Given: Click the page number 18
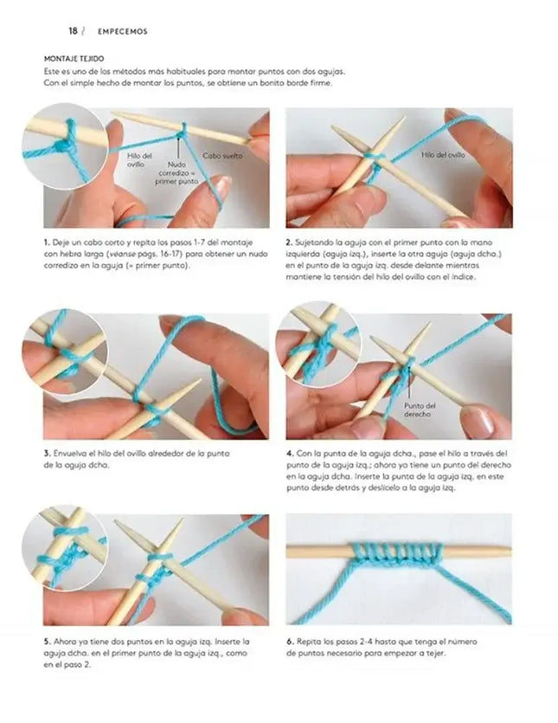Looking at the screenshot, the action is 73,31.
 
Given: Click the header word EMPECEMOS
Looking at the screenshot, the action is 123,31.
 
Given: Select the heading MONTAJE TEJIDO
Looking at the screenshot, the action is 74,59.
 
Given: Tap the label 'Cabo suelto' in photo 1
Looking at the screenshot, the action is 222,156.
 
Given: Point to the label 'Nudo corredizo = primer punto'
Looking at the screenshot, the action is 176,173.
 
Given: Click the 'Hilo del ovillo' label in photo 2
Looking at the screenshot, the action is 443,155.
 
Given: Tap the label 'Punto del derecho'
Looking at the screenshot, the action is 420,410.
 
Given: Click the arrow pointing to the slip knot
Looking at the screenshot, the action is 178,146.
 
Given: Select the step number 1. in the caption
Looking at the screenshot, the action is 47,242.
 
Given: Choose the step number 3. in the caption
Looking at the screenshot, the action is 47,454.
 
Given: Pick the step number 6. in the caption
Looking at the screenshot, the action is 290,642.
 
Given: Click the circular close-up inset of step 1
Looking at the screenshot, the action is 66,145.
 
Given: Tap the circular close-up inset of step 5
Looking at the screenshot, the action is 65,548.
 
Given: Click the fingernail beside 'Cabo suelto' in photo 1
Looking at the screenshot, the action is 222,187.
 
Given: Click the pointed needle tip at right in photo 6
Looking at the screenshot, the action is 510,549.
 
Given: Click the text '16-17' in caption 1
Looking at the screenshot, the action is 170,254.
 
